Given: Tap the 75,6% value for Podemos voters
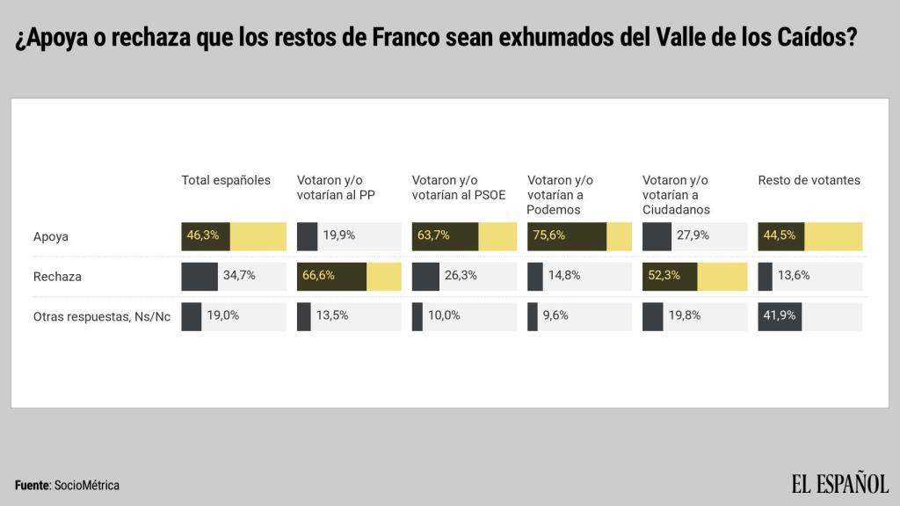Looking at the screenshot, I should [x=549, y=235].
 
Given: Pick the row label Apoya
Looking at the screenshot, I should [x=51, y=236].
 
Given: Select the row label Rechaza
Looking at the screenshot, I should [x=57, y=277].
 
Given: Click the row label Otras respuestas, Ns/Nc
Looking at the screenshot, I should [x=102, y=317].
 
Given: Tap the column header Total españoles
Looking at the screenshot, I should [x=226, y=180].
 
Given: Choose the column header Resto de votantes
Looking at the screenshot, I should [x=809, y=180].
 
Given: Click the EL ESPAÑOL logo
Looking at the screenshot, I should [x=839, y=483].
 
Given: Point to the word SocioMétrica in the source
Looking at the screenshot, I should [x=87, y=486].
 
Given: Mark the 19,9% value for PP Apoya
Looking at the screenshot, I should [x=340, y=235].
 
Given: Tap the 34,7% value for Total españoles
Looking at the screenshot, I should [x=239, y=276].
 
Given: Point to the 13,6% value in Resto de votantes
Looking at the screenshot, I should [x=794, y=276].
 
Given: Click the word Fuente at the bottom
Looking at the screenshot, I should [x=33, y=486].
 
